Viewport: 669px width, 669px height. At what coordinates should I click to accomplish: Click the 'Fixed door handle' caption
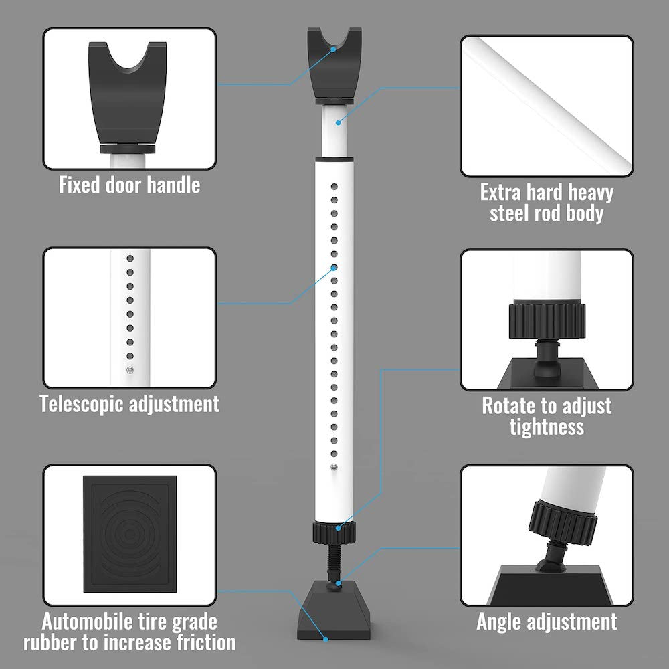tap(129, 185)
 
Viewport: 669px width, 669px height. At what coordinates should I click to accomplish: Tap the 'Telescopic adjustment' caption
tap(129, 403)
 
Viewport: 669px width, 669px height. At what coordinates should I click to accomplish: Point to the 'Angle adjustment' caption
tap(547, 622)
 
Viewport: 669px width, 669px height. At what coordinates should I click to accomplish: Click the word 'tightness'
tap(547, 426)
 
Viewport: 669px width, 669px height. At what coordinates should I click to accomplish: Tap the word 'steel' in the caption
tap(510, 213)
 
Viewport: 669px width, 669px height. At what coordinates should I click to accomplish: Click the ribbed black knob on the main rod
tap(334, 533)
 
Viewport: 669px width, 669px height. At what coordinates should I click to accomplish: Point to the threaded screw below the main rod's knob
tap(334, 561)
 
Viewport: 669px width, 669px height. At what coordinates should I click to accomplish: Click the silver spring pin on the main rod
tap(334, 467)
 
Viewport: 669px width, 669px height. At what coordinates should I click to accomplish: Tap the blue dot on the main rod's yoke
tap(333, 49)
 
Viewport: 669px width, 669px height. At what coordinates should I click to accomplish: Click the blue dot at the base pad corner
tap(326, 639)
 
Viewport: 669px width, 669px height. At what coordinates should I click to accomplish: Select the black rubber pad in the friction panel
tap(130, 534)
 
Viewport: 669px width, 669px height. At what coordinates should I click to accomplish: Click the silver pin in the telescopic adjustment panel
tap(130, 370)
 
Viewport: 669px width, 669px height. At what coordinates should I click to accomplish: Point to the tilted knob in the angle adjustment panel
tap(563, 524)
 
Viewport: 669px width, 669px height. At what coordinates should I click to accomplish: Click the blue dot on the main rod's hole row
tap(334, 268)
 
